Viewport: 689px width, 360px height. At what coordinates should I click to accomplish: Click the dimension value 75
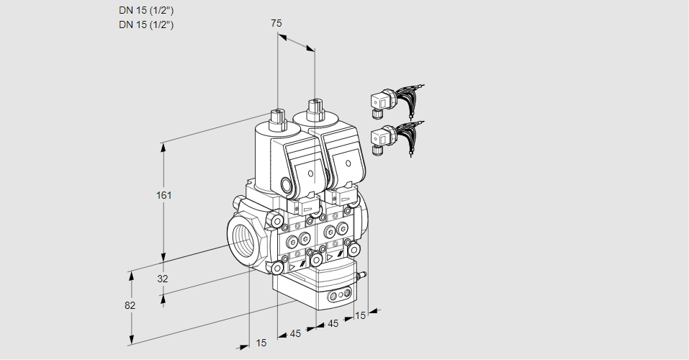point(276,23)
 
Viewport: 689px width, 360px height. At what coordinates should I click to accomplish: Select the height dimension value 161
point(166,196)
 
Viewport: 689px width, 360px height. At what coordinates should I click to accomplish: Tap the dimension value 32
point(162,279)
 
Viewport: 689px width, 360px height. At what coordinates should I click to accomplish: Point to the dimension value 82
point(130,305)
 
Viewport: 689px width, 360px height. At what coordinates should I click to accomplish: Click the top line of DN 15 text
point(146,10)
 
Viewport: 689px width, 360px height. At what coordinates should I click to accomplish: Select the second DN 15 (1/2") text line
point(146,24)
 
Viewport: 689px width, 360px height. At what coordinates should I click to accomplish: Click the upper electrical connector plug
point(379,102)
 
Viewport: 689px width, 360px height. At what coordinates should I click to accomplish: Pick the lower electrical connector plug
point(379,138)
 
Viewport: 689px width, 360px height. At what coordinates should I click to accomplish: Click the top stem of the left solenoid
point(276,116)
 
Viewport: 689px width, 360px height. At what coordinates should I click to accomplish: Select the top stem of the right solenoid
point(314,109)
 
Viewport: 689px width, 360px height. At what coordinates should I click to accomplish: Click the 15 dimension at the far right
point(361,315)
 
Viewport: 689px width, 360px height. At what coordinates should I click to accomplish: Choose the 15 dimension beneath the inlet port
point(261,343)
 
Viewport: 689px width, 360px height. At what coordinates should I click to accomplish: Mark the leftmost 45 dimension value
point(295,333)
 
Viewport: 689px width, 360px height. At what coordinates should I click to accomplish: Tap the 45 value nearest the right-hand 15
point(333,324)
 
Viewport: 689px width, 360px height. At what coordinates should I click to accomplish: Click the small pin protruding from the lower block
point(364,274)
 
